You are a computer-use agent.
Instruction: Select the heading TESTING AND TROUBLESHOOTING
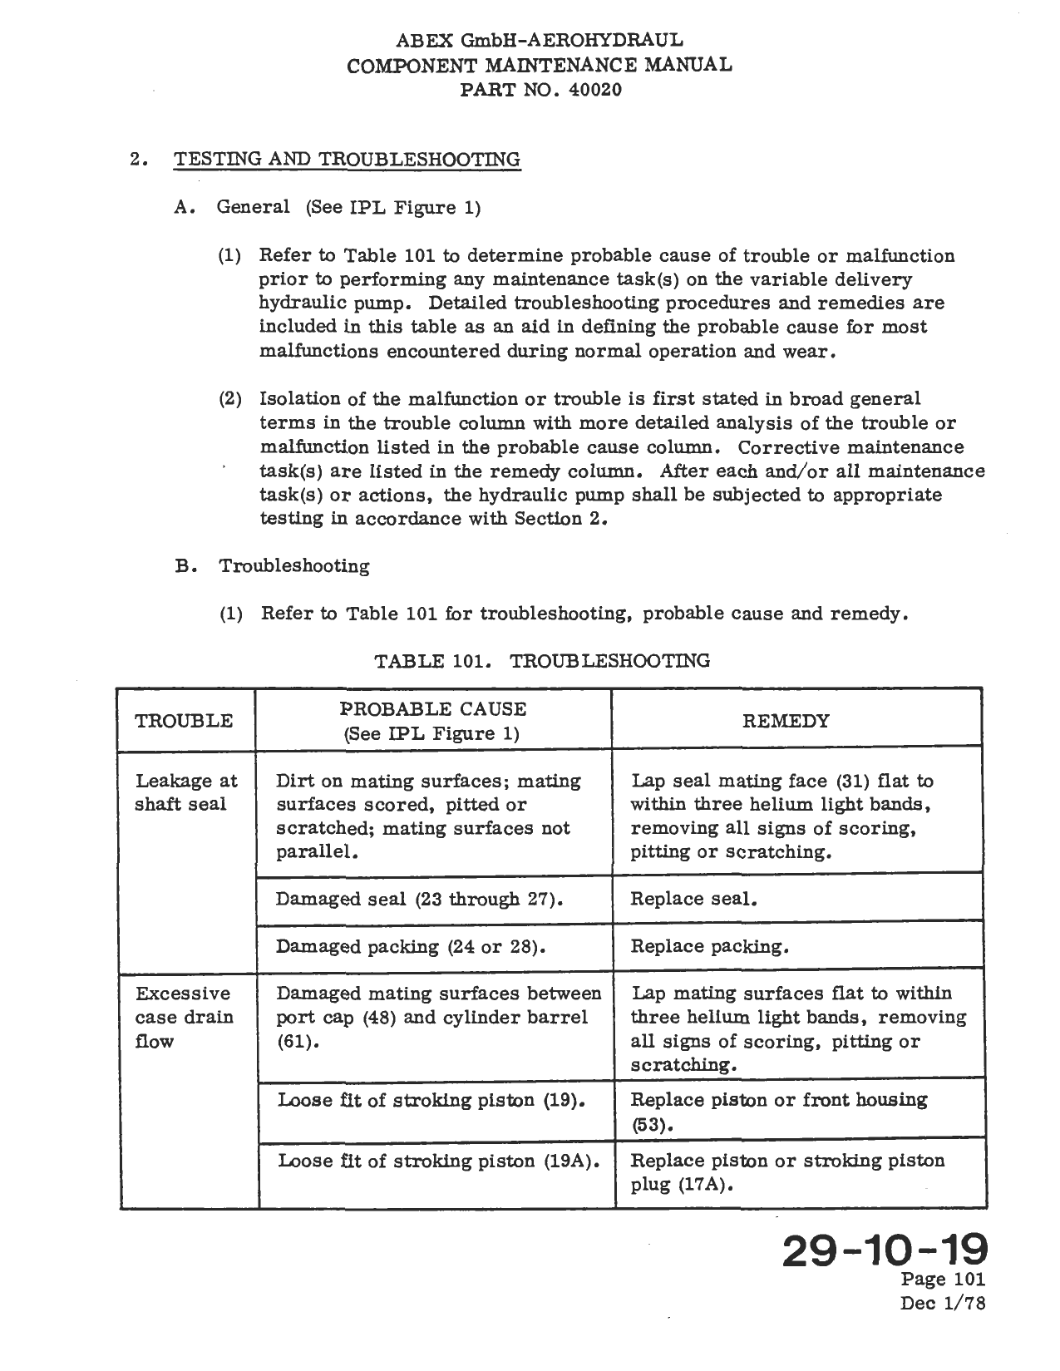(x=347, y=160)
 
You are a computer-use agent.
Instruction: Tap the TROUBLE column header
(x=184, y=721)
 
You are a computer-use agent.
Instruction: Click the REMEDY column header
(x=786, y=721)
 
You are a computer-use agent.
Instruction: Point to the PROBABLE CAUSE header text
(x=433, y=709)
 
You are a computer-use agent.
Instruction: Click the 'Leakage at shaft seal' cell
(x=185, y=792)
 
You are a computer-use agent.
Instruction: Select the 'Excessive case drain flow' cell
(x=185, y=1017)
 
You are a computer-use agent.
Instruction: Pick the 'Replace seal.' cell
(x=693, y=899)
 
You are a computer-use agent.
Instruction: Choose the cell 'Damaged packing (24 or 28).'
(x=412, y=946)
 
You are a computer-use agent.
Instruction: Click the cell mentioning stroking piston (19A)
(x=438, y=1161)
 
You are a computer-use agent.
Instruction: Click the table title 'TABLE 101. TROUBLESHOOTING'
(x=542, y=661)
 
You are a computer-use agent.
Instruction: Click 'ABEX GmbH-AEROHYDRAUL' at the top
(x=540, y=40)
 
